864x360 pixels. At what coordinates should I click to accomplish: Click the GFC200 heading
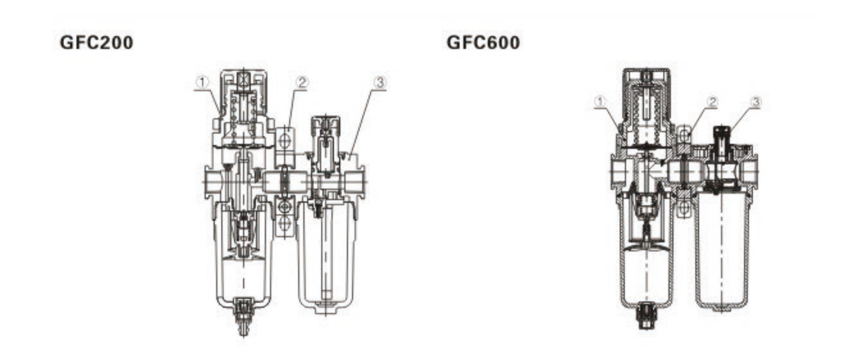coord(96,42)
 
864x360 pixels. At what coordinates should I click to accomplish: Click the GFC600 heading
coord(483,42)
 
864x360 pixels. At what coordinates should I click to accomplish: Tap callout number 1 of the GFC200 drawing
coord(202,82)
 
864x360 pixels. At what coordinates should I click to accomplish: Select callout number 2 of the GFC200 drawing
coord(302,82)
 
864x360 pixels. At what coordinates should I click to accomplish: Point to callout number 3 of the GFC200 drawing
coord(380,82)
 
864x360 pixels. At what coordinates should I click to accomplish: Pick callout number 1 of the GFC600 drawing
coord(600,102)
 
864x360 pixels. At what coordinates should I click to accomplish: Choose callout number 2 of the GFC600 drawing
coord(712,102)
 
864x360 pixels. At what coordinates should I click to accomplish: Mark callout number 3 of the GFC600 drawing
coord(756,102)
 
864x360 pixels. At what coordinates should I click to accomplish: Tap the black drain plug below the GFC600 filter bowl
coord(646,315)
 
